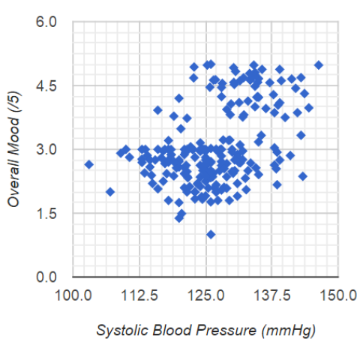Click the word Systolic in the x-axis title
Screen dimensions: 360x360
coord(118,331)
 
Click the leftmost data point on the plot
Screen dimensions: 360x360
coord(88,164)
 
